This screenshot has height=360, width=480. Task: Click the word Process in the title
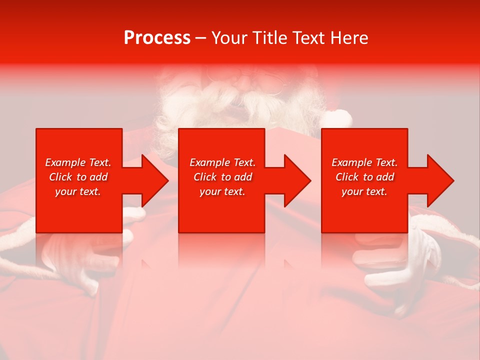(157, 38)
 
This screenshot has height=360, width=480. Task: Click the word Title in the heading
(270, 38)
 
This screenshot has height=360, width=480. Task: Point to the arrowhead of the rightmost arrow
(439, 180)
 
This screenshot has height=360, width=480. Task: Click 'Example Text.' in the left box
(78, 162)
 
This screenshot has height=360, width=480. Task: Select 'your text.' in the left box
(78, 191)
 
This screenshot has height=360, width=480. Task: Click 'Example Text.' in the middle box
(222, 162)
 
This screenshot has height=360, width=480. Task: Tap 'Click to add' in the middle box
(222, 177)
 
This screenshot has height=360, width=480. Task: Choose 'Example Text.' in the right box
(364, 162)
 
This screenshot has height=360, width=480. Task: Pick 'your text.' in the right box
(364, 191)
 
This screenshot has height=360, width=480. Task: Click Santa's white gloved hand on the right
(400, 265)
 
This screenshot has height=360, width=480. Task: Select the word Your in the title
(229, 38)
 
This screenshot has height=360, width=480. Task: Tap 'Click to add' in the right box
(364, 177)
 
